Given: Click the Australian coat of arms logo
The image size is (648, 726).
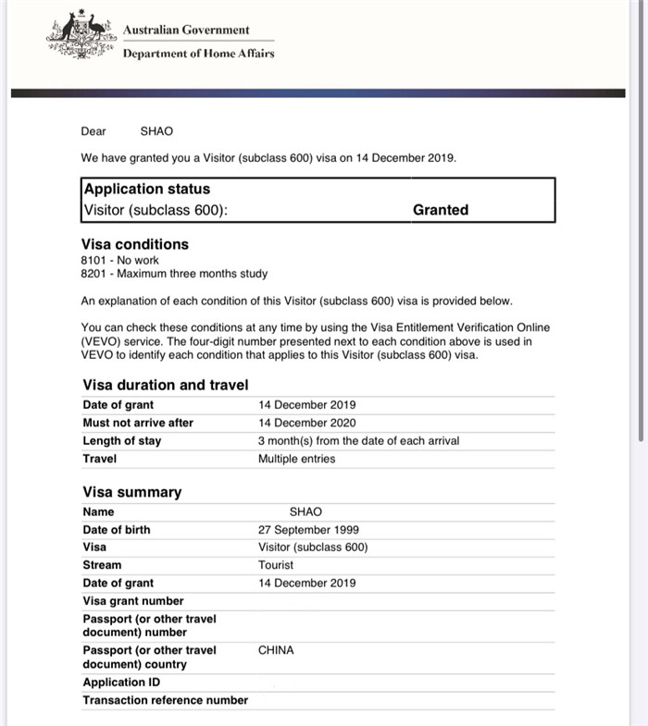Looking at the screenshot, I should click(x=81, y=38).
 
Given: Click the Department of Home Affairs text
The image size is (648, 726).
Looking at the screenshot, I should click(x=198, y=54).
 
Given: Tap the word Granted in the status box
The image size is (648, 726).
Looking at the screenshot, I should click(x=441, y=210).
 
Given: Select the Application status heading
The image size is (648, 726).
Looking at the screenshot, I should click(x=147, y=189).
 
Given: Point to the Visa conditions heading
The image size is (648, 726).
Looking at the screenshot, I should click(x=135, y=244).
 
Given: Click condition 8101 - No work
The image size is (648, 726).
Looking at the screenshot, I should click(x=120, y=261).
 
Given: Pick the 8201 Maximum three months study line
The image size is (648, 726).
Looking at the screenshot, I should click(x=174, y=274).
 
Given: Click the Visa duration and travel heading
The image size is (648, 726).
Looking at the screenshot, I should click(x=166, y=385).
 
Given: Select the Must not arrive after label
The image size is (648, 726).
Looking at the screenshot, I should click(x=138, y=423).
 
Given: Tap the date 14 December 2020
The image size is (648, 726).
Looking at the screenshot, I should click(x=306, y=423).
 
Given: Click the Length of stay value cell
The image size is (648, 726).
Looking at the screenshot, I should click(x=358, y=441).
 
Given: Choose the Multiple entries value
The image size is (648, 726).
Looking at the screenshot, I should click(x=296, y=459).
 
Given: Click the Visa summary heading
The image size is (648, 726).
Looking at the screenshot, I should click(x=132, y=492).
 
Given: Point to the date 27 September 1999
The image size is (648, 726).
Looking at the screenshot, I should click(x=308, y=530).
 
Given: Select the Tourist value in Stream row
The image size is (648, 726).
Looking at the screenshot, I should click(x=276, y=565).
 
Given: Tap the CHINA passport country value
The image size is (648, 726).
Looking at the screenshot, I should click(x=276, y=650).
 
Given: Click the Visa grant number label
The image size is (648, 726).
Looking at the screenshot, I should click(x=133, y=601).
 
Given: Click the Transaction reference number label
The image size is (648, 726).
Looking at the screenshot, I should click(x=166, y=700).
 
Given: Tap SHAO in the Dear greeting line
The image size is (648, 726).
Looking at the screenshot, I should click(x=156, y=131).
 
